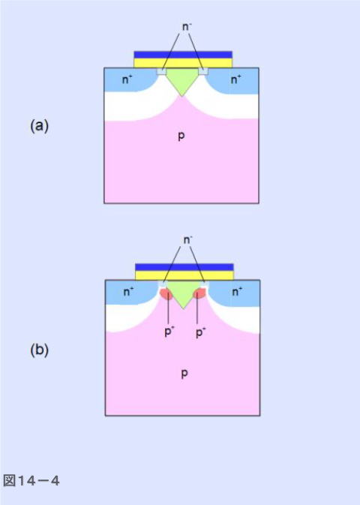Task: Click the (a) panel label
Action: coord(39,125)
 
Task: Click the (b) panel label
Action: coord(39,350)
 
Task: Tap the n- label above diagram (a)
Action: coord(186,27)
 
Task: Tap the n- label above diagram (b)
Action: coord(187,240)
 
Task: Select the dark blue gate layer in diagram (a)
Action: coord(183,55)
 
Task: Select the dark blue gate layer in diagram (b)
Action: coord(184,267)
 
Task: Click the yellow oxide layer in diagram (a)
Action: coord(183,63)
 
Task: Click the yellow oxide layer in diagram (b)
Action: coord(184,275)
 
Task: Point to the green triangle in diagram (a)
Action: coord(182,79)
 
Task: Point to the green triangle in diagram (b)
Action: coord(183,292)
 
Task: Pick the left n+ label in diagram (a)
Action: coord(127,80)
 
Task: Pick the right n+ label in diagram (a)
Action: coord(235,80)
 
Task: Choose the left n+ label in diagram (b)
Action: coord(128,292)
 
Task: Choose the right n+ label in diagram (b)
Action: coord(237,292)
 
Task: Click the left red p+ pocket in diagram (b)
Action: coord(166,294)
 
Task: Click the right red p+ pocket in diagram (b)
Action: coord(199,294)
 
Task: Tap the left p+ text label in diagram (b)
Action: coord(168,332)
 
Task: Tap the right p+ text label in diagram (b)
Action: coord(200,332)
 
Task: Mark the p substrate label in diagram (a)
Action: coord(181,137)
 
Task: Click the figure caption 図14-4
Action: coord(31,481)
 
